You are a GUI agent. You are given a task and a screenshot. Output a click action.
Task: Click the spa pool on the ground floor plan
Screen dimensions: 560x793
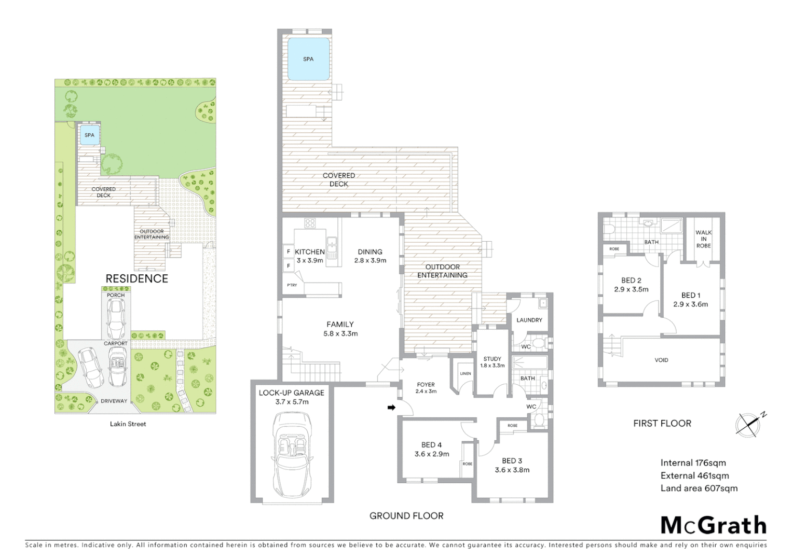pos(308,59)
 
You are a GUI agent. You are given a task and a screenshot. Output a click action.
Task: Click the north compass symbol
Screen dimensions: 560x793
pos(749,424)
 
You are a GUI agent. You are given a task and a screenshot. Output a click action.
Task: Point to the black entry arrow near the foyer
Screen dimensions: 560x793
pos(391,408)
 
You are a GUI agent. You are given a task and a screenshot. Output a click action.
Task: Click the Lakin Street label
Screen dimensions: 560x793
pos(128,424)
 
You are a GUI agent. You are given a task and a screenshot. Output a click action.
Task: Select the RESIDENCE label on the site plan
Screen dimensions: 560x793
pos(136,278)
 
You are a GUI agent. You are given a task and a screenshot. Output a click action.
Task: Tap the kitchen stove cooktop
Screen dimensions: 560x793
pos(310,223)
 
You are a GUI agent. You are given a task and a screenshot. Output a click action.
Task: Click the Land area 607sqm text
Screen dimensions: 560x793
pos(699,488)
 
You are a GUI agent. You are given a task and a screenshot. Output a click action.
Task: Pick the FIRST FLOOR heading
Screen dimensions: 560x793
pos(662,423)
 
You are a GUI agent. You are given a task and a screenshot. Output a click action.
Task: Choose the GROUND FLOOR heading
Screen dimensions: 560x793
pos(406,515)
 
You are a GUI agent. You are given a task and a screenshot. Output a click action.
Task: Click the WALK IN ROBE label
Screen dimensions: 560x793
pos(703,239)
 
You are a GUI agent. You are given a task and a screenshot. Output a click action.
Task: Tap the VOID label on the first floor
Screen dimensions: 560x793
pos(661,360)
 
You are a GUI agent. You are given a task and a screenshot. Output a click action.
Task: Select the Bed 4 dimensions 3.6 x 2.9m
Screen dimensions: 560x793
pos(432,454)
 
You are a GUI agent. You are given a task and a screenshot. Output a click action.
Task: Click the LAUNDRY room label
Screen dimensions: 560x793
pos(529,320)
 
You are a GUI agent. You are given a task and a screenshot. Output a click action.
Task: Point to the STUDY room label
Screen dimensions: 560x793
pos(492,359)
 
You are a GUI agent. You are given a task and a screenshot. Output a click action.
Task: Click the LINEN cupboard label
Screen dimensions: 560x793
pos(465,373)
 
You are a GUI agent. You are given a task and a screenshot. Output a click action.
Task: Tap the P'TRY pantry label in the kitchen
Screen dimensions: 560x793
pos(292,285)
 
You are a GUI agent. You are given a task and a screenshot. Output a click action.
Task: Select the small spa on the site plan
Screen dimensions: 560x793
pos(89,135)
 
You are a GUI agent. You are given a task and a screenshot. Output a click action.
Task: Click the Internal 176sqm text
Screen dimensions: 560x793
pos(693,463)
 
